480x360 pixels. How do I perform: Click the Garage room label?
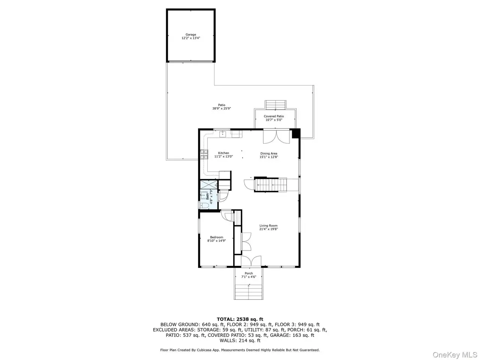pyautogui.click(x=191, y=34)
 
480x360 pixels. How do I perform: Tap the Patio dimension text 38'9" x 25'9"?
pyautogui.click(x=222, y=108)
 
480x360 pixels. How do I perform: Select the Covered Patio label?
pyautogui.click(x=274, y=116)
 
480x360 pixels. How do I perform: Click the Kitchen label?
pyautogui.click(x=223, y=153)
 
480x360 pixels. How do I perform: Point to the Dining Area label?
pyautogui.click(x=268, y=153)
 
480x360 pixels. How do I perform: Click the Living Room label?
pyautogui.click(x=268, y=226)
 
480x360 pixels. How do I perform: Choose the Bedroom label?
pyautogui.click(x=216, y=237)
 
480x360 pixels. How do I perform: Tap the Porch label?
pyautogui.click(x=249, y=273)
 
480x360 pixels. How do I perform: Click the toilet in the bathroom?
pyautogui.click(x=204, y=205)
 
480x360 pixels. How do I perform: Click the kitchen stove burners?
pyautogui.click(x=204, y=154)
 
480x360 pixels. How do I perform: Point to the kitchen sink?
pyautogui.click(x=223, y=134)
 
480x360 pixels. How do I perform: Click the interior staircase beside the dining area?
pyautogui.click(x=270, y=185)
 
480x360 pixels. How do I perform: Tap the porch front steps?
pyautogui.click(x=248, y=292)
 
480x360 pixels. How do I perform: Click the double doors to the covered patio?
pyautogui.click(x=276, y=137)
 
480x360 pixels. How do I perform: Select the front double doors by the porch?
pyautogui.click(x=251, y=261)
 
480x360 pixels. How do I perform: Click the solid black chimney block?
pyautogui.click(x=296, y=133)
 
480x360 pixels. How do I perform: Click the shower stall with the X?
pyautogui.click(x=209, y=185)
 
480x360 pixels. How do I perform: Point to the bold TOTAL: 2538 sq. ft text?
pyautogui.click(x=240, y=319)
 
